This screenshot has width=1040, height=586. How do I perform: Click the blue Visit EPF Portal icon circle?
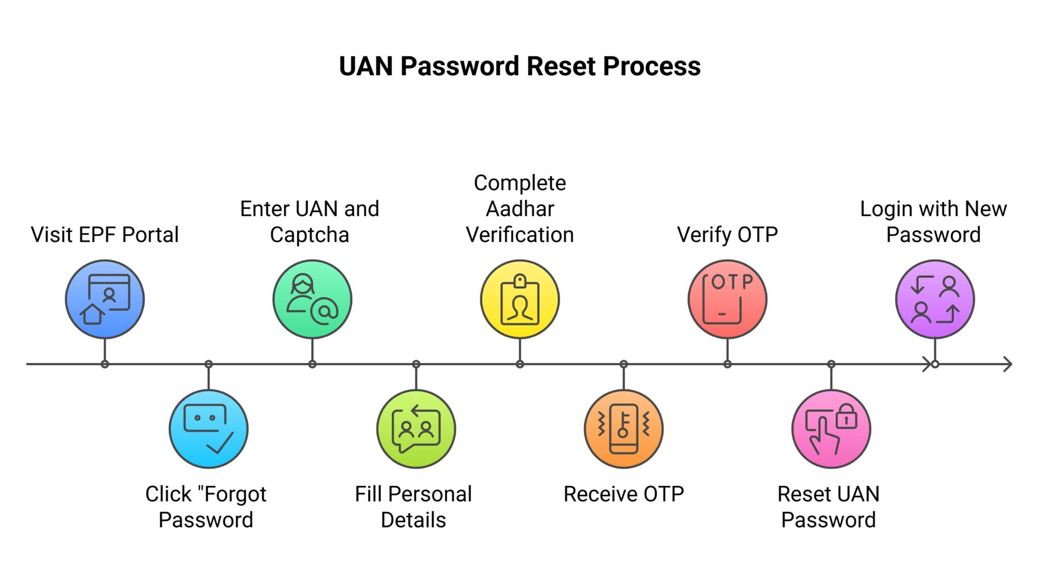(x=105, y=299)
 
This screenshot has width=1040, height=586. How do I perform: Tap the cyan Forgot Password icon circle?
(x=209, y=429)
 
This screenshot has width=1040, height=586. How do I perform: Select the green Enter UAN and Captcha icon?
(x=312, y=299)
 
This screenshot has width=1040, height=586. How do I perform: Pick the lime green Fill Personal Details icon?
(x=416, y=429)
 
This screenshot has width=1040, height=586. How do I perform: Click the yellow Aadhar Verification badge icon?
(x=520, y=299)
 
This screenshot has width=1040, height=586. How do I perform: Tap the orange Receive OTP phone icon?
(x=623, y=429)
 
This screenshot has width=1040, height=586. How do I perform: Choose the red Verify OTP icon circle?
(x=727, y=299)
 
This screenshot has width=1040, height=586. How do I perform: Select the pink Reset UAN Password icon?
(x=831, y=429)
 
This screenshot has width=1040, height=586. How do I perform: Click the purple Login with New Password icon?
(x=935, y=299)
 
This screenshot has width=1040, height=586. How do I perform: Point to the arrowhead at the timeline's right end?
(x=1007, y=364)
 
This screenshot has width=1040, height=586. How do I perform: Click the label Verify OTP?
(x=727, y=235)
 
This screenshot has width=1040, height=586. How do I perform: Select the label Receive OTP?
(x=623, y=494)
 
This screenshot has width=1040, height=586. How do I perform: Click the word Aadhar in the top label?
(x=520, y=209)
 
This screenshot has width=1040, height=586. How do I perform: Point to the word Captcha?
(x=309, y=235)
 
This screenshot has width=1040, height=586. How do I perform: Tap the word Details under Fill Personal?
(x=413, y=520)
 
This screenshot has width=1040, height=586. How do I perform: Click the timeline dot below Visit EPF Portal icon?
(x=105, y=364)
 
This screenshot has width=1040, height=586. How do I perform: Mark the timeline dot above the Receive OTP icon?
(x=623, y=364)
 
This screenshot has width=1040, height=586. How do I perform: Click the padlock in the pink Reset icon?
(x=846, y=418)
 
